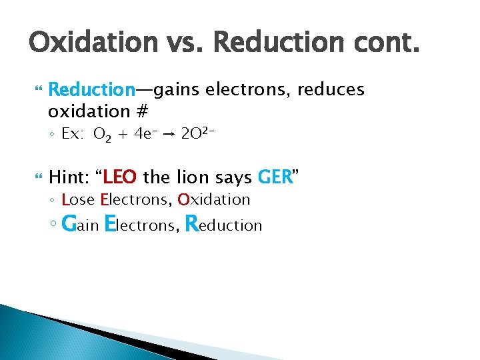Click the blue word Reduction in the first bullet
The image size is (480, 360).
[92, 89]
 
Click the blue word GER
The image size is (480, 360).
[275, 177]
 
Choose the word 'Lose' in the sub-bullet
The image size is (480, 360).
[78, 199]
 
